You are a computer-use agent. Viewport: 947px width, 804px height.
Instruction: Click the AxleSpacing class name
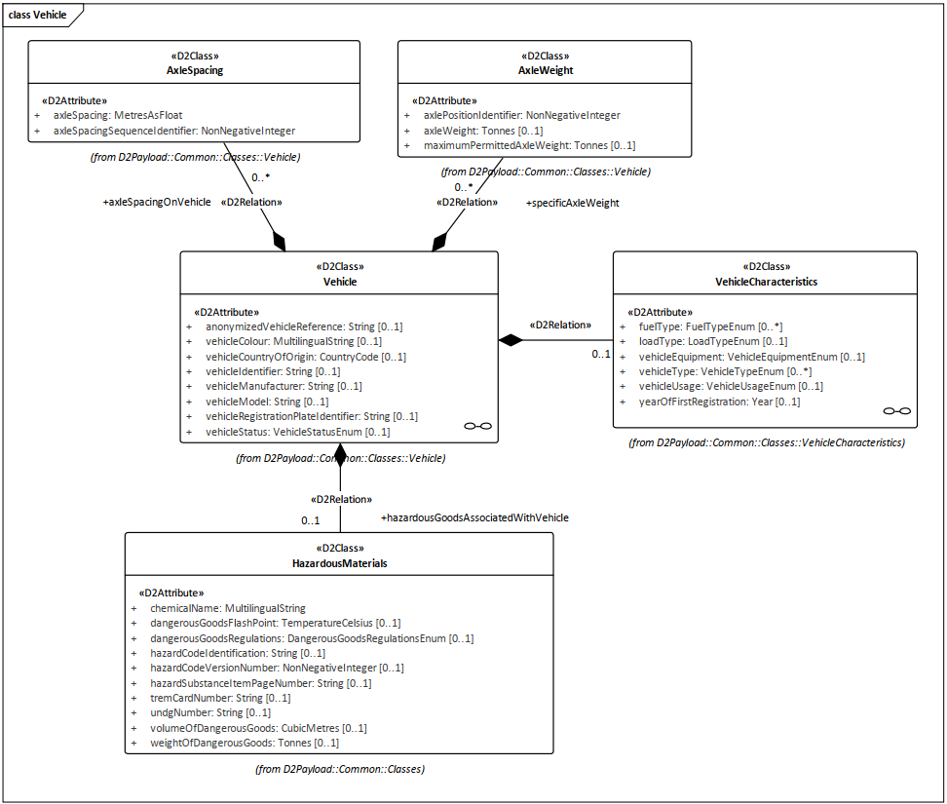coord(195,70)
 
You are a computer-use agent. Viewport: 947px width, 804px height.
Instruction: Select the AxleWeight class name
coord(546,70)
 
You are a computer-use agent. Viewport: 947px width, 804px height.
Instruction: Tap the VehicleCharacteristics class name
coord(766,282)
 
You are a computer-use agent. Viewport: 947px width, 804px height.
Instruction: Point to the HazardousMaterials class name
coord(339,563)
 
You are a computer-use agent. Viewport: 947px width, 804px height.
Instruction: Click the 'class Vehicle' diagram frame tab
coord(37,15)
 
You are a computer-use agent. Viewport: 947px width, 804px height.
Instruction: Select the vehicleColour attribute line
coord(293,341)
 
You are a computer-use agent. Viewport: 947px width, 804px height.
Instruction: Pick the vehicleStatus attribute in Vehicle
coord(298,432)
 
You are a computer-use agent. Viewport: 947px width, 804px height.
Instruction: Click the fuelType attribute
coord(710,326)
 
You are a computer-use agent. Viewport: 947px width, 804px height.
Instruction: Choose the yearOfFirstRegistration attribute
coord(719,402)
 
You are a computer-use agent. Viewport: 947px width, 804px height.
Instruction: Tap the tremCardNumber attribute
coord(220,698)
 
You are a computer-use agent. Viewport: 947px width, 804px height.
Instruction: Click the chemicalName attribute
coord(228,608)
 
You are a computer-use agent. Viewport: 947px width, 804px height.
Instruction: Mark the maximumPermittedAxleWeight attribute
coord(529,145)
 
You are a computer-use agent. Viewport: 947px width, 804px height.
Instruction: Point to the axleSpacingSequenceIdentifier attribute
coord(174,131)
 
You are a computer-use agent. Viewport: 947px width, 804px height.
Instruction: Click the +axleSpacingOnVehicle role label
coord(157,202)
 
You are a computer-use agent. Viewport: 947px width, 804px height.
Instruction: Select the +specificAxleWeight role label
coord(573,203)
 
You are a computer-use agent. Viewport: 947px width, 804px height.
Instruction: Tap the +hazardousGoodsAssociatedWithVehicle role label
coord(474,517)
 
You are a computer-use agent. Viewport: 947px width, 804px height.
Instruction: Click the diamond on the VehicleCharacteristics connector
coord(511,340)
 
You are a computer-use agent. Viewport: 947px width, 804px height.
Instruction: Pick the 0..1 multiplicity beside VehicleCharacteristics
coord(601,354)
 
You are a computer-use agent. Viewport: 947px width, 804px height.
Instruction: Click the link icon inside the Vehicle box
coord(477,426)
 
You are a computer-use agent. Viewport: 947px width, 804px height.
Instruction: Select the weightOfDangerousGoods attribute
coord(245,743)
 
